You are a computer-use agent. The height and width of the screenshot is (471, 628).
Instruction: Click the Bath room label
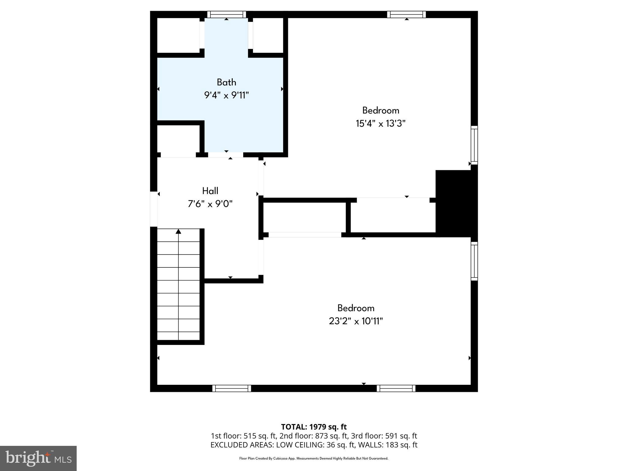(x=226, y=82)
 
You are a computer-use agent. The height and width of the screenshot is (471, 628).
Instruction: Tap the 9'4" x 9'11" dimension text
(x=226, y=95)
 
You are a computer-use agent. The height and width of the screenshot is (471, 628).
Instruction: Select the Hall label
(x=210, y=191)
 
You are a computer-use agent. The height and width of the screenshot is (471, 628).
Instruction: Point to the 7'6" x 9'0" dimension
(x=210, y=204)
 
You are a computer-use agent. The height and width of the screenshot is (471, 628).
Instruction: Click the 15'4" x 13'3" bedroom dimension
(x=381, y=124)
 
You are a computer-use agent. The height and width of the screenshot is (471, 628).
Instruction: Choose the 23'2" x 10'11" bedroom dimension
(x=356, y=321)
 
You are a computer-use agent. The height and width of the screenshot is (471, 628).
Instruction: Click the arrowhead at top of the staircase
(x=178, y=231)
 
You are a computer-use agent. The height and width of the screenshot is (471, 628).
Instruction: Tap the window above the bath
(x=227, y=14)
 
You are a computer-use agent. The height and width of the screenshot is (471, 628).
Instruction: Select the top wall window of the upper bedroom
(x=406, y=14)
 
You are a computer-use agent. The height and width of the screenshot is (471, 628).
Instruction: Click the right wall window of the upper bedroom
(x=474, y=145)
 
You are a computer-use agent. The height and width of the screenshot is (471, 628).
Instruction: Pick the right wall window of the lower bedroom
(x=474, y=261)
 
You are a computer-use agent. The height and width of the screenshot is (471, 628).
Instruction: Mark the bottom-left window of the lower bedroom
(x=232, y=389)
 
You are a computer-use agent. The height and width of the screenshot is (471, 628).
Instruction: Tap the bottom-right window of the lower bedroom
(x=396, y=389)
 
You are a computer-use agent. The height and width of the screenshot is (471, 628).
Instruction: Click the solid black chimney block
(x=456, y=203)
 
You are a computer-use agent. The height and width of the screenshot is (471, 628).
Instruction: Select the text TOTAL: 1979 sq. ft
(x=314, y=427)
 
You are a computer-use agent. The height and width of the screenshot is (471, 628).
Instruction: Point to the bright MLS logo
(x=38, y=458)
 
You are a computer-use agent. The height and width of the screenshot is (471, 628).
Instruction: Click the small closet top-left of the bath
(x=178, y=35)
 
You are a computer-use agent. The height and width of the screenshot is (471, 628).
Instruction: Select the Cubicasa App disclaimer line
(x=314, y=458)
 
